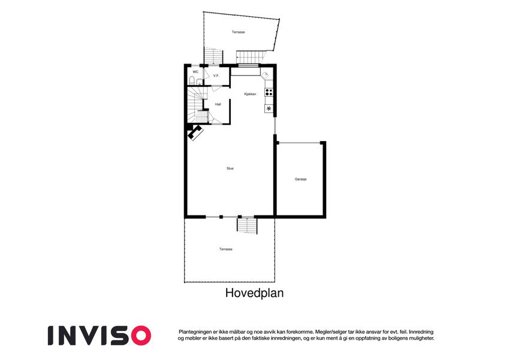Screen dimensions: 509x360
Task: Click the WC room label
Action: click(x=195, y=72)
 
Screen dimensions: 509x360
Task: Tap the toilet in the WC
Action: click(x=192, y=80)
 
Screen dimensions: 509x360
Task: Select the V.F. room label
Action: click(x=216, y=76)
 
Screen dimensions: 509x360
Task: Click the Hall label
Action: click(x=218, y=104)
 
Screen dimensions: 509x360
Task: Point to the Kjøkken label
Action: click(x=250, y=94)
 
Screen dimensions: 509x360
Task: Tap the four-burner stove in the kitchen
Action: click(x=269, y=92)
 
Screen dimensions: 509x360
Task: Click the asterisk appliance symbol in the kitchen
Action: click(x=269, y=109)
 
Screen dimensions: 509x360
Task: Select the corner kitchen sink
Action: click(x=266, y=75)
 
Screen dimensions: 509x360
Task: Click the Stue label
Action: click(x=230, y=169)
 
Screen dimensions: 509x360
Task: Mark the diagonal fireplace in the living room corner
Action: click(x=195, y=133)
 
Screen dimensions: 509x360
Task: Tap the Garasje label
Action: click(x=300, y=179)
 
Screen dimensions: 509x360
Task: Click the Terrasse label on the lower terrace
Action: click(x=226, y=249)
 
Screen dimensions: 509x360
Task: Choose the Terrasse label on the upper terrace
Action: click(x=238, y=32)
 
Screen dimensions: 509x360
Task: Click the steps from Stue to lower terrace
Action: click(x=247, y=225)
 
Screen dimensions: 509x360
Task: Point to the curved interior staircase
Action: click(x=197, y=104)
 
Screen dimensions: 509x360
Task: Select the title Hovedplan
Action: click(x=254, y=293)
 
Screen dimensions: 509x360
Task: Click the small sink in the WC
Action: click(x=199, y=81)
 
